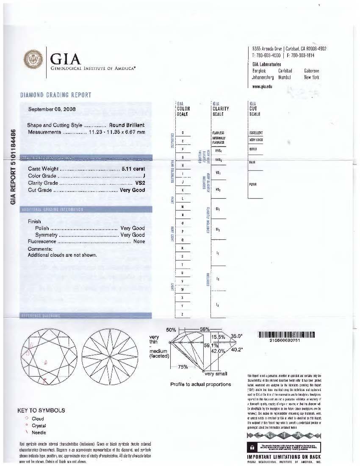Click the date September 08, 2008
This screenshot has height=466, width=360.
[52, 109]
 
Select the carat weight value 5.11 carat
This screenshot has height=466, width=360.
[133, 169]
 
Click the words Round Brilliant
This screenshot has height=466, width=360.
[127, 125]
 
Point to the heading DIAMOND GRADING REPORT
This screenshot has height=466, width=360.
[55, 95]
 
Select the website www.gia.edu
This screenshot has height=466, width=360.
[262, 86]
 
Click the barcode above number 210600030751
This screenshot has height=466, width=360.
[286, 335]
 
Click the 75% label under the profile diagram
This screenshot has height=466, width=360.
[183, 367]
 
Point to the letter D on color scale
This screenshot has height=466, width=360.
[183, 133]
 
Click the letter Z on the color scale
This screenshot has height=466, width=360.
[183, 314]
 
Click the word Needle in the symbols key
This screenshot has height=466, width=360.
[39, 433]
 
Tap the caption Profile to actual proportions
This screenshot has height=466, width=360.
[200, 384]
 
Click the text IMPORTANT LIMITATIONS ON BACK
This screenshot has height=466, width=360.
[284, 457]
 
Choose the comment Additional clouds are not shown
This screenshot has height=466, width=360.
[62, 255]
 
